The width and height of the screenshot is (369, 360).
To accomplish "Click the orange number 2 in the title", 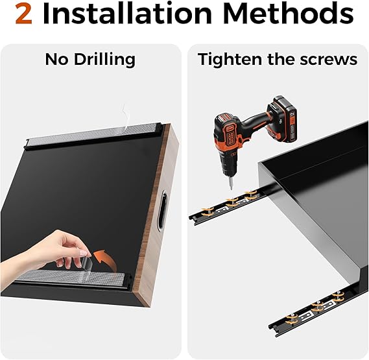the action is pos(24,14).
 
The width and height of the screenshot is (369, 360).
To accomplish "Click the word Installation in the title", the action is pos(127,14).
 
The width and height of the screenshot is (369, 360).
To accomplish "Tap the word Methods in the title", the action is pos(289,14).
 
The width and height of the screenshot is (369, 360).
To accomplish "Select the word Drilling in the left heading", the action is pos(104,60).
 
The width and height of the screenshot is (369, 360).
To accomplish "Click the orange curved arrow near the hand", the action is pos(104,259).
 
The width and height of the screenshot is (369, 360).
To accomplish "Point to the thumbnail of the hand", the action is pos(82,253).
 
